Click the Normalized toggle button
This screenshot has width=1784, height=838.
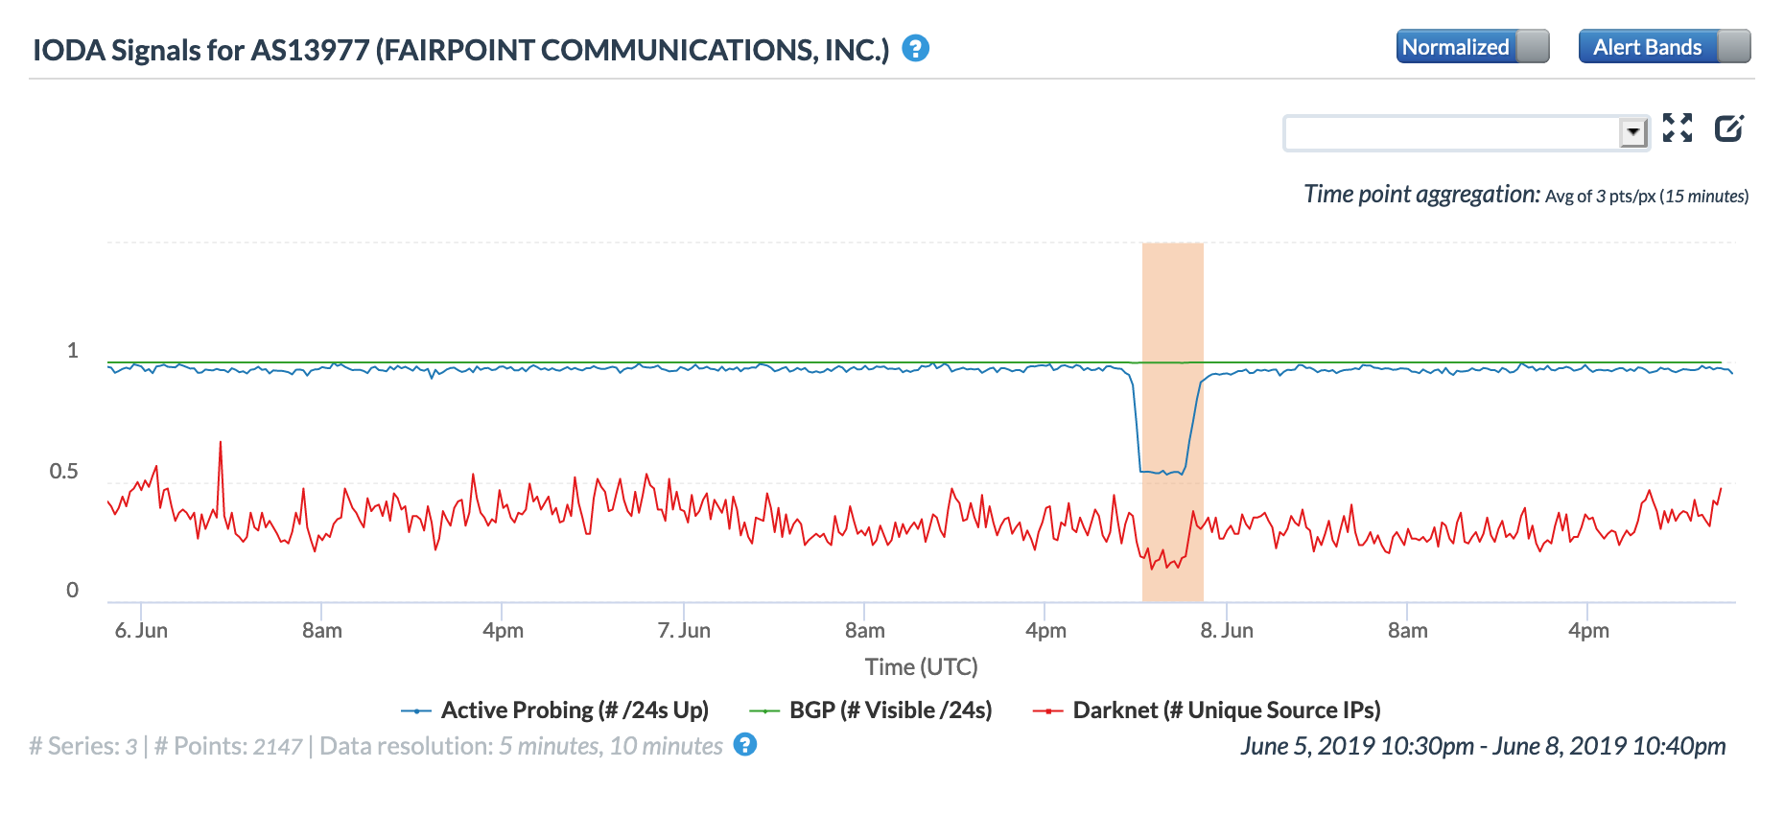[x=1471, y=47]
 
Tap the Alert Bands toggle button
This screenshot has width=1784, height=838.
[x=1663, y=47]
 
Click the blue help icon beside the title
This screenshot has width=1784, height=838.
[x=916, y=48]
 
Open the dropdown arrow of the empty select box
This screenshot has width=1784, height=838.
[x=1632, y=132]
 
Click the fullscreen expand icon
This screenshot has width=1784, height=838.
[x=1678, y=128]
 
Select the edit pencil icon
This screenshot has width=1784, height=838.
[x=1729, y=128]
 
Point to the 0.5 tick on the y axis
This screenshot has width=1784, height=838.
[x=63, y=471]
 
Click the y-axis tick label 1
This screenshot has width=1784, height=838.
[x=72, y=351]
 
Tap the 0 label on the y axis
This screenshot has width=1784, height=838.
[x=72, y=591]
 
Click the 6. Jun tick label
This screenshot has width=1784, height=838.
[x=141, y=630]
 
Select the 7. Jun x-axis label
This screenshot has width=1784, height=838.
[x=684, y=630]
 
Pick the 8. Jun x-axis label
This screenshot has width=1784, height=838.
[x=1227, y=630]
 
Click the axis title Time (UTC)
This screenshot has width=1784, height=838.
[x=921, y=666]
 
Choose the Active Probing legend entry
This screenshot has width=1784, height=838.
[x=574, y=710]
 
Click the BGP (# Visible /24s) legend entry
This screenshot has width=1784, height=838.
[x=889, y=710]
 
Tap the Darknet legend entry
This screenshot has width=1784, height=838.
[x=1226, y=710]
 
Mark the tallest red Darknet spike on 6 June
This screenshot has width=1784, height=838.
[x=221, y=443]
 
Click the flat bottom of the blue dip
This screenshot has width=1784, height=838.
[x=1162, y=472]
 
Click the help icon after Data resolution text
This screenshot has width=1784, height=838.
[x=745, y=745]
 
